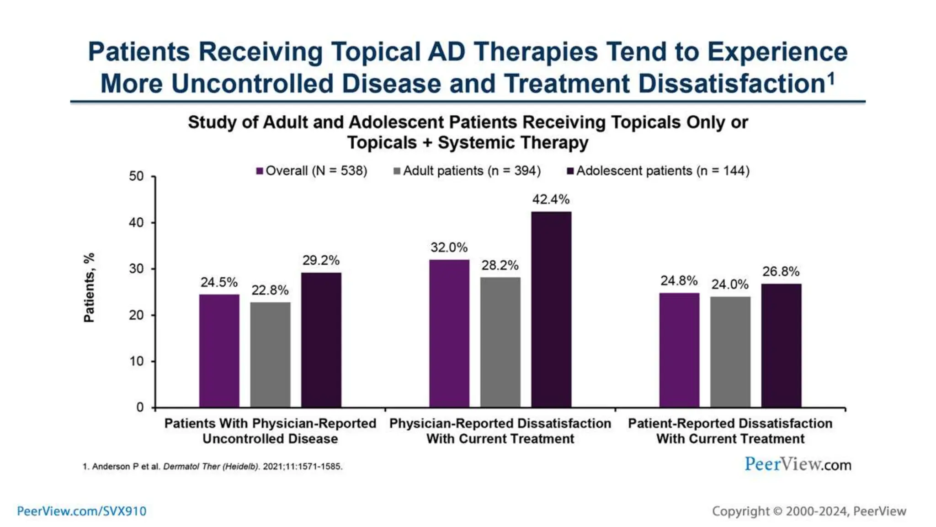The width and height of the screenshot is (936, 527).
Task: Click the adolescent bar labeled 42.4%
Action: coord(551,309)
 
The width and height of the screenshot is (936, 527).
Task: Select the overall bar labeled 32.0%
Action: coord(449,333)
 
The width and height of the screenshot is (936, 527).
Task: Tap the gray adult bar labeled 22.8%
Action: coord(270,355)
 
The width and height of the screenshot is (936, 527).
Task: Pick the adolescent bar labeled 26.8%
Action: coord(781,345)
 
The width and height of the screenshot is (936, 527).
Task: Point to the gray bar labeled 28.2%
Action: coord(500,342)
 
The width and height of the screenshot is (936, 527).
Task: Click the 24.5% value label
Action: coord(219,282)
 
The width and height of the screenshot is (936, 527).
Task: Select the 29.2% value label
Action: coord(321,260)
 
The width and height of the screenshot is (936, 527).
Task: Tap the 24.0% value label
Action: coord(730,285)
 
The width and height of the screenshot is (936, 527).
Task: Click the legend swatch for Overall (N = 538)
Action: coord(260,171)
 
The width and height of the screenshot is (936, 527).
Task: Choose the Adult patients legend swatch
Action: coord(397,171)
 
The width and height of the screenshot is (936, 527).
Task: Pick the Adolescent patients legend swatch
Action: coord(570,171)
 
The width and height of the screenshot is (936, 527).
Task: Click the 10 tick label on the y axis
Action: coord(136,361)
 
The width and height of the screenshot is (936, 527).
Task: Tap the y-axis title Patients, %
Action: coord(89,287)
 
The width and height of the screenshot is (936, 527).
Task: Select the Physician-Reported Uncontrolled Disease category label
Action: coord(270,431)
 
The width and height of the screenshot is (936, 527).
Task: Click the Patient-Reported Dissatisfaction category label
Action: coord(730,431)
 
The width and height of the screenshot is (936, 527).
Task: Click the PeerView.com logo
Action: coord(798,464)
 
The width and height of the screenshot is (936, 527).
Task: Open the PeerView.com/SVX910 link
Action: coord(82,511)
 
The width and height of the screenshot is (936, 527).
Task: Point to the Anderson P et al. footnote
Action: coord(213,467)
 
